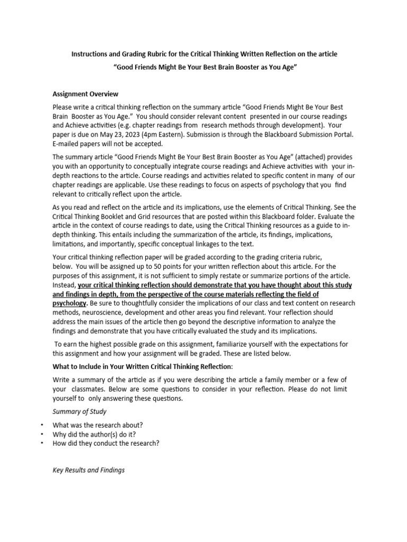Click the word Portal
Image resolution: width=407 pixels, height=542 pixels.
[341, 134]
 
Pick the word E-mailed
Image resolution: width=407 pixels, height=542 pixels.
[67, 143]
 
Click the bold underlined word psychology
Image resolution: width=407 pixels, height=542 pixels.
[69, 303]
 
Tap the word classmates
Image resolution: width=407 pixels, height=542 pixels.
[89, 390]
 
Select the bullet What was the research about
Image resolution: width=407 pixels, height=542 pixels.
[98, 425]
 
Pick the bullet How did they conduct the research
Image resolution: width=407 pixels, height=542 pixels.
[106, 443]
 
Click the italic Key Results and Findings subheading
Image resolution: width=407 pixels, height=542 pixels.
[89, 469]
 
